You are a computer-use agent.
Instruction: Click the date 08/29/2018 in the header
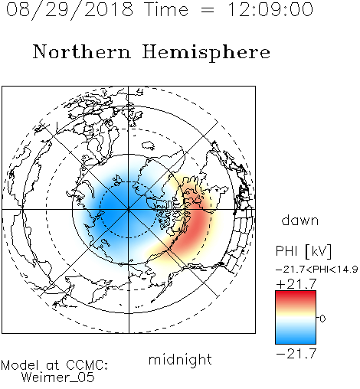click(x=70, y=9)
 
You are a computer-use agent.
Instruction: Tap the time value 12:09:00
click(x=270, y=9)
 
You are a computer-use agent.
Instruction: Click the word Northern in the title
click(x=82, y=52)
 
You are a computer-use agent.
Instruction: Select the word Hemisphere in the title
click(x=206, y=53)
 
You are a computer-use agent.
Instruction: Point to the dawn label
click(x=300, y=220)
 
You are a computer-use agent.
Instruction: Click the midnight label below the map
click(x=180, y=360)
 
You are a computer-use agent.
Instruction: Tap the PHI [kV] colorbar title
click(x=303, y=251)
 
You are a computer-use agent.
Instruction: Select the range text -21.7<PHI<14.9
click(x=316, y=270)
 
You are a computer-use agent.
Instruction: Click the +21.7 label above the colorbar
click(x=296, y=284)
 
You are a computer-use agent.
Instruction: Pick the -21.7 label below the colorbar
click(x=296, y=354)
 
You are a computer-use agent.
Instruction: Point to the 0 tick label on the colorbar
click(x=322, y=319)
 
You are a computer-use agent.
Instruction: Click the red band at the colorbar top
click(x=296, y=296)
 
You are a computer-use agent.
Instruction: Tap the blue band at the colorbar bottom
click(x=296, y=338)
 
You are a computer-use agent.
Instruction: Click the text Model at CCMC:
click(x=54, y=365)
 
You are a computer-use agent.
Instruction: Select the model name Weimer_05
click(x=58, y=378)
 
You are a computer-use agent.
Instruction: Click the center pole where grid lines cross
click(x=129, y=209)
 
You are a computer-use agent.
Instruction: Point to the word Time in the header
click(x=166, y=9)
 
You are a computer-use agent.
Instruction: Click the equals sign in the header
click(x=207, y=10)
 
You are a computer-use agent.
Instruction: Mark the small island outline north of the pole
click(x=149, y=145)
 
